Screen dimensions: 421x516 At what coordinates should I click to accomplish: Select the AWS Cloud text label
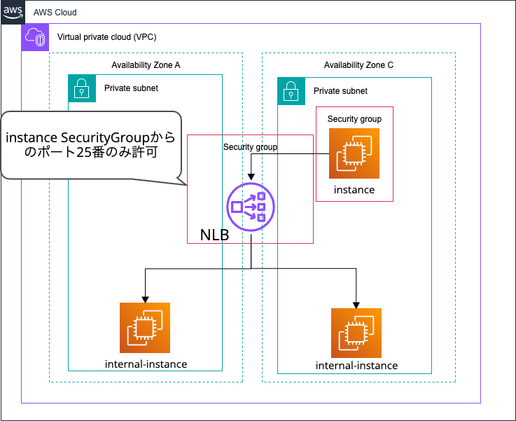click(55, 13)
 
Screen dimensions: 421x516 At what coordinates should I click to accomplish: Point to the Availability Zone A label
click(146, 65)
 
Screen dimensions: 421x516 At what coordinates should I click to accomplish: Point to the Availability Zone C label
click(358, 65)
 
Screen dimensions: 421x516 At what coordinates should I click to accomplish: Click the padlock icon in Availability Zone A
click(81, 88)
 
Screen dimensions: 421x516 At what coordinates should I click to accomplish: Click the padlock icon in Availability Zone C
click(291, 90)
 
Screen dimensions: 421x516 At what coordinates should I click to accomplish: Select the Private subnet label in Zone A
click(131, 88)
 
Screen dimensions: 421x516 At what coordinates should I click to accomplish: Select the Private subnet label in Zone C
click(340, 91)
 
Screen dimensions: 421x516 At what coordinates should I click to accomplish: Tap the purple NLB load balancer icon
click(251, 207)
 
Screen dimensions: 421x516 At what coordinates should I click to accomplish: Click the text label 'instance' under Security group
click(354, 190)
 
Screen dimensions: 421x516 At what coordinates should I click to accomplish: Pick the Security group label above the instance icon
click(354, 119)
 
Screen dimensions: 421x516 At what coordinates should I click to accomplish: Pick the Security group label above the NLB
click(250, 147)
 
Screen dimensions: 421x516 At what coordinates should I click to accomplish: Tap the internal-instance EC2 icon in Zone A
click(145, 328)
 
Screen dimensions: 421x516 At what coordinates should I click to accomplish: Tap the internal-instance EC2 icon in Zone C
click(356, 332)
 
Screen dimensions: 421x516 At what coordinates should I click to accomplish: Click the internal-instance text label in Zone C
click(356, 366)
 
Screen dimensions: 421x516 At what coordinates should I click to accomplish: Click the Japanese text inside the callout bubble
click(90, 145)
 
